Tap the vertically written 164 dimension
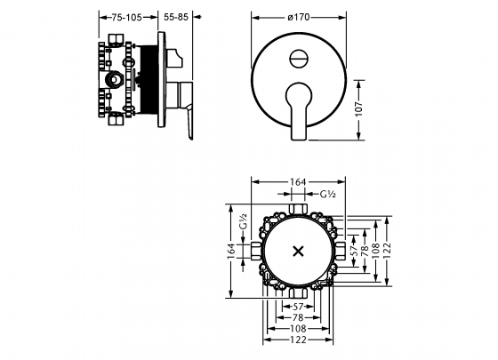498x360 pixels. (230, 251)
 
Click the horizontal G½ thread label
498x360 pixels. (325, 194)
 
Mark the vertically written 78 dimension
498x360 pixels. (364, 251)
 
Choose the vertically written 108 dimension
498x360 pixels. (375, 251)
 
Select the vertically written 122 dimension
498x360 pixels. (388, 251)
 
